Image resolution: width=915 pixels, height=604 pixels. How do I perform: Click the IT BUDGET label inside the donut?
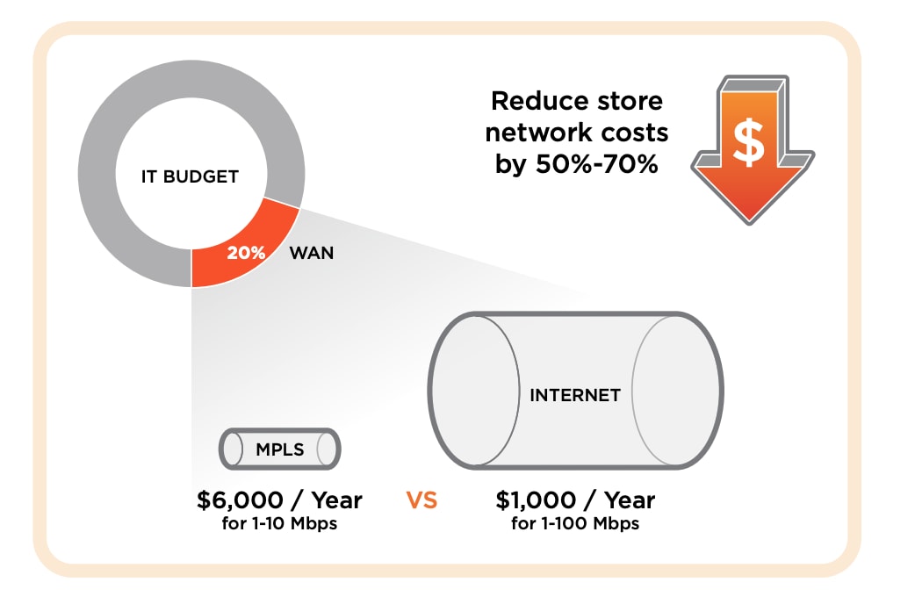190,176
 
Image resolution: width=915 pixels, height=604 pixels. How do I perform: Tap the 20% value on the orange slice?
246,253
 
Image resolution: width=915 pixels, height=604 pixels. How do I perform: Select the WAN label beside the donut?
311,253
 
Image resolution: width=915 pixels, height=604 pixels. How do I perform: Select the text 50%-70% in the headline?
595,164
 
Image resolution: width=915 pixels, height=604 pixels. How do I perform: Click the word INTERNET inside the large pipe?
574,395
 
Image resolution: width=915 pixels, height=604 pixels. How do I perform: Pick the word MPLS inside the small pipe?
279,450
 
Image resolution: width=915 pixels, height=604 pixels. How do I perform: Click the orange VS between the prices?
421,501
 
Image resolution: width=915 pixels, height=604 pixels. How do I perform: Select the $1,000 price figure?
536,500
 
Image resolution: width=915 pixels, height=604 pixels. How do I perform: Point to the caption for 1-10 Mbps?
279,525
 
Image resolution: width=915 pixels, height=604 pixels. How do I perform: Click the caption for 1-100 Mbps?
574,525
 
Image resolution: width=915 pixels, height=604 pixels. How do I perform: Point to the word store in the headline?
628,101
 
